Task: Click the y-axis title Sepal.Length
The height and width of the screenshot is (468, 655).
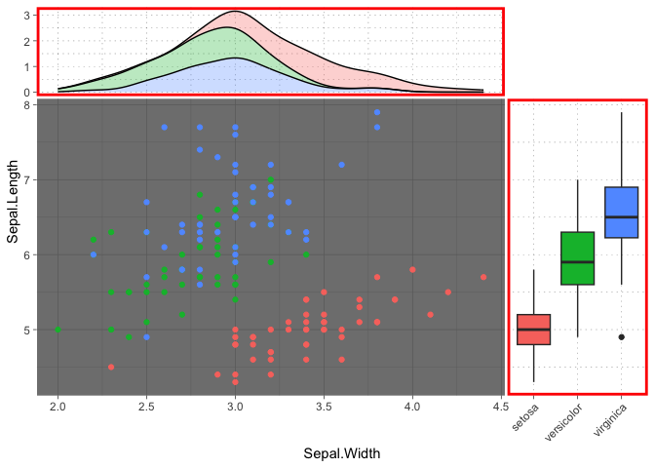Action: [13, 244]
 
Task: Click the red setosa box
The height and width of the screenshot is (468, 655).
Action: [533, 330]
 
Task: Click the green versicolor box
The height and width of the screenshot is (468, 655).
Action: [577, 258]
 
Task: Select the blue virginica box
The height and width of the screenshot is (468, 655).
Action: [621, 212]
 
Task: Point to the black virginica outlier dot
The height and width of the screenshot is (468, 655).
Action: [621, 337]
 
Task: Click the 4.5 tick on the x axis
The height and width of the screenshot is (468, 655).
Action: [501, 406]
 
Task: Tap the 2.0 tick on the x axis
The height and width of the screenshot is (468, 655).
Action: [58, 406]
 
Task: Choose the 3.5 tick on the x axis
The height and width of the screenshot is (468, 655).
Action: [324, 406]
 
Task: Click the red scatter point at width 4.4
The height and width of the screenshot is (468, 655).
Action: [483, 277]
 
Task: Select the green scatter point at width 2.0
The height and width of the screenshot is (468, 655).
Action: [58, 330]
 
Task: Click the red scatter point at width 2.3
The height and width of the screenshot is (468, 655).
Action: [111, 368]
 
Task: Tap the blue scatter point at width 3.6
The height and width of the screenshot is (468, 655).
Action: [341, 165]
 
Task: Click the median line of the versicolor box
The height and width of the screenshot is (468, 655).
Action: [577, 262]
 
